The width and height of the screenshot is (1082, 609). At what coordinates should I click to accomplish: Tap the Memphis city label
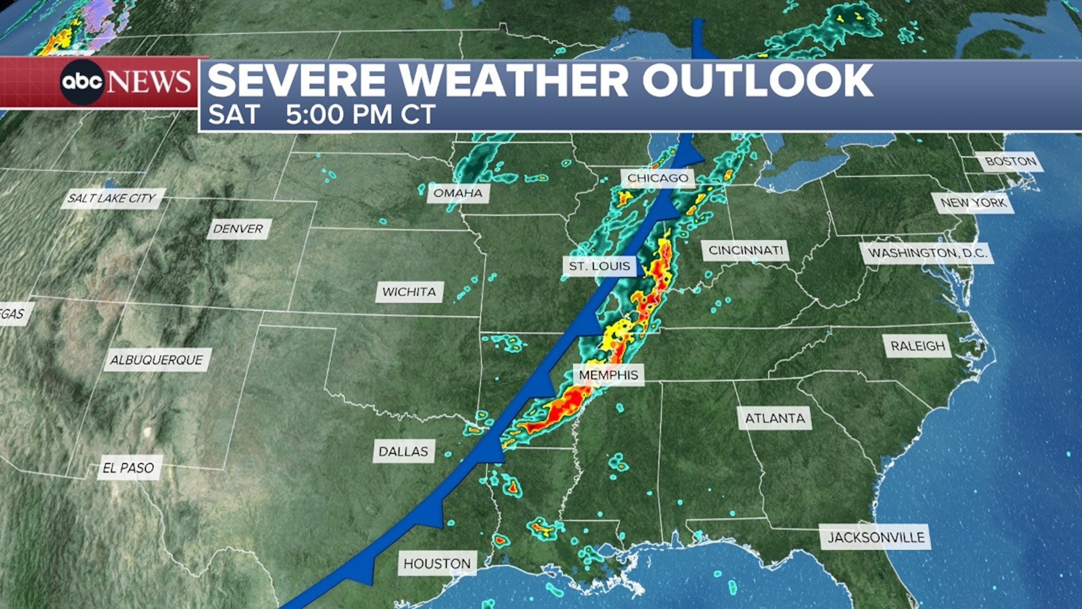(609, 375)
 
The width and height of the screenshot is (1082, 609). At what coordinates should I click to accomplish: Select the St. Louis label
(599, 266)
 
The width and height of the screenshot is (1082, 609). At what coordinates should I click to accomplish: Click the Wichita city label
(409, 292)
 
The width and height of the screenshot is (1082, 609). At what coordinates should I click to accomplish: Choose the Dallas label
(403, 451)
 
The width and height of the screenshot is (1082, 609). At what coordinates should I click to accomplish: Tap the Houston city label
(437, 563)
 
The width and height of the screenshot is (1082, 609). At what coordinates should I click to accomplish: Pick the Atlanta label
(775, 418)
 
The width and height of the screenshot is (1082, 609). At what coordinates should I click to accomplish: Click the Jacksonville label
(876, 537)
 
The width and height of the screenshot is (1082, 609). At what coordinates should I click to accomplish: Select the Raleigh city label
(918, 346)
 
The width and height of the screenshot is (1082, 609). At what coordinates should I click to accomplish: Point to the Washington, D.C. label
(928, 253)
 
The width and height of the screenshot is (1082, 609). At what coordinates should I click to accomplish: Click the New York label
(973, 203)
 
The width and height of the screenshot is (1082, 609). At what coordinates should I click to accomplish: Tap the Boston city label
(1011, 161)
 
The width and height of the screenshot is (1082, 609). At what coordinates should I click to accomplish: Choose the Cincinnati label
(746, 251)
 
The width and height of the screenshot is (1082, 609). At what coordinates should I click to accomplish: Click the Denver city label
(238, 229)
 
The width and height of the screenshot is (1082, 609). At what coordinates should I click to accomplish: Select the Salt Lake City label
(112, 198)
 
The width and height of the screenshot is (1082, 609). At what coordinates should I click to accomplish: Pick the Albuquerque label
(157, 360)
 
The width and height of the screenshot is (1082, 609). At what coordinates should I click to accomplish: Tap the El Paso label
(129, 468)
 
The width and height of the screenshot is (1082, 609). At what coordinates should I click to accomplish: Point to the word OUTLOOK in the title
(757, 81)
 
